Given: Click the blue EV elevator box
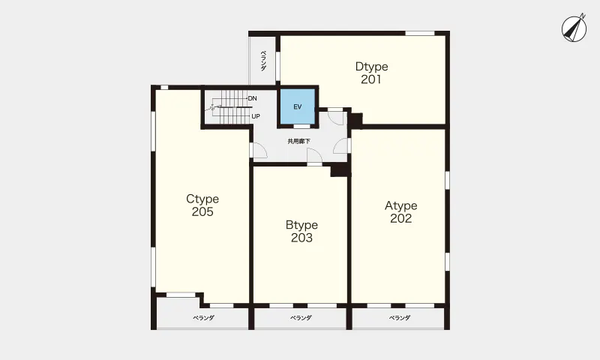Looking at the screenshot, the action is tap(298, 106).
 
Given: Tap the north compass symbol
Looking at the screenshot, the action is tap(574, 28).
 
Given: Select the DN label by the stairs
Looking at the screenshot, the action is tap(252, 98).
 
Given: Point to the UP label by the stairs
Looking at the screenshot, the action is tap(256, 116).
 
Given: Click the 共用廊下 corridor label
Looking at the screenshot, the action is tap(298, 141).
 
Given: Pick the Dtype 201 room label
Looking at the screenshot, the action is tap(371, 73).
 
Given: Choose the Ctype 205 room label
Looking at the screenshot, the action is tap(202, 205).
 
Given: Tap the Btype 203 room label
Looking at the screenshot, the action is tap(301, 231).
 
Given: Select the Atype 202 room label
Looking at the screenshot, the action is tap(401, 211).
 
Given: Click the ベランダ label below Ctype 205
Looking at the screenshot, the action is tap(203, 317).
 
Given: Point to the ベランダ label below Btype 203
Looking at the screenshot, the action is tap(301, 317).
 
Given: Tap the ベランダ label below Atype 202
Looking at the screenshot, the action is tap(400, 317).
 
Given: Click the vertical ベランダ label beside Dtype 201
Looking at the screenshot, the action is tap(264, 61).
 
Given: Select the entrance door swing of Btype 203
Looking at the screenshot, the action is tap(314, 156).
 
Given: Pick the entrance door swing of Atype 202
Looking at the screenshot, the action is tap(340, 145).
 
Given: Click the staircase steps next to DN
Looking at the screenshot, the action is tap(230, 107).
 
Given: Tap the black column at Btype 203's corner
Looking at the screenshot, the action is tap(340, 169).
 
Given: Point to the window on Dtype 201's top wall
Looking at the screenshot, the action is tap(420, 33).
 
